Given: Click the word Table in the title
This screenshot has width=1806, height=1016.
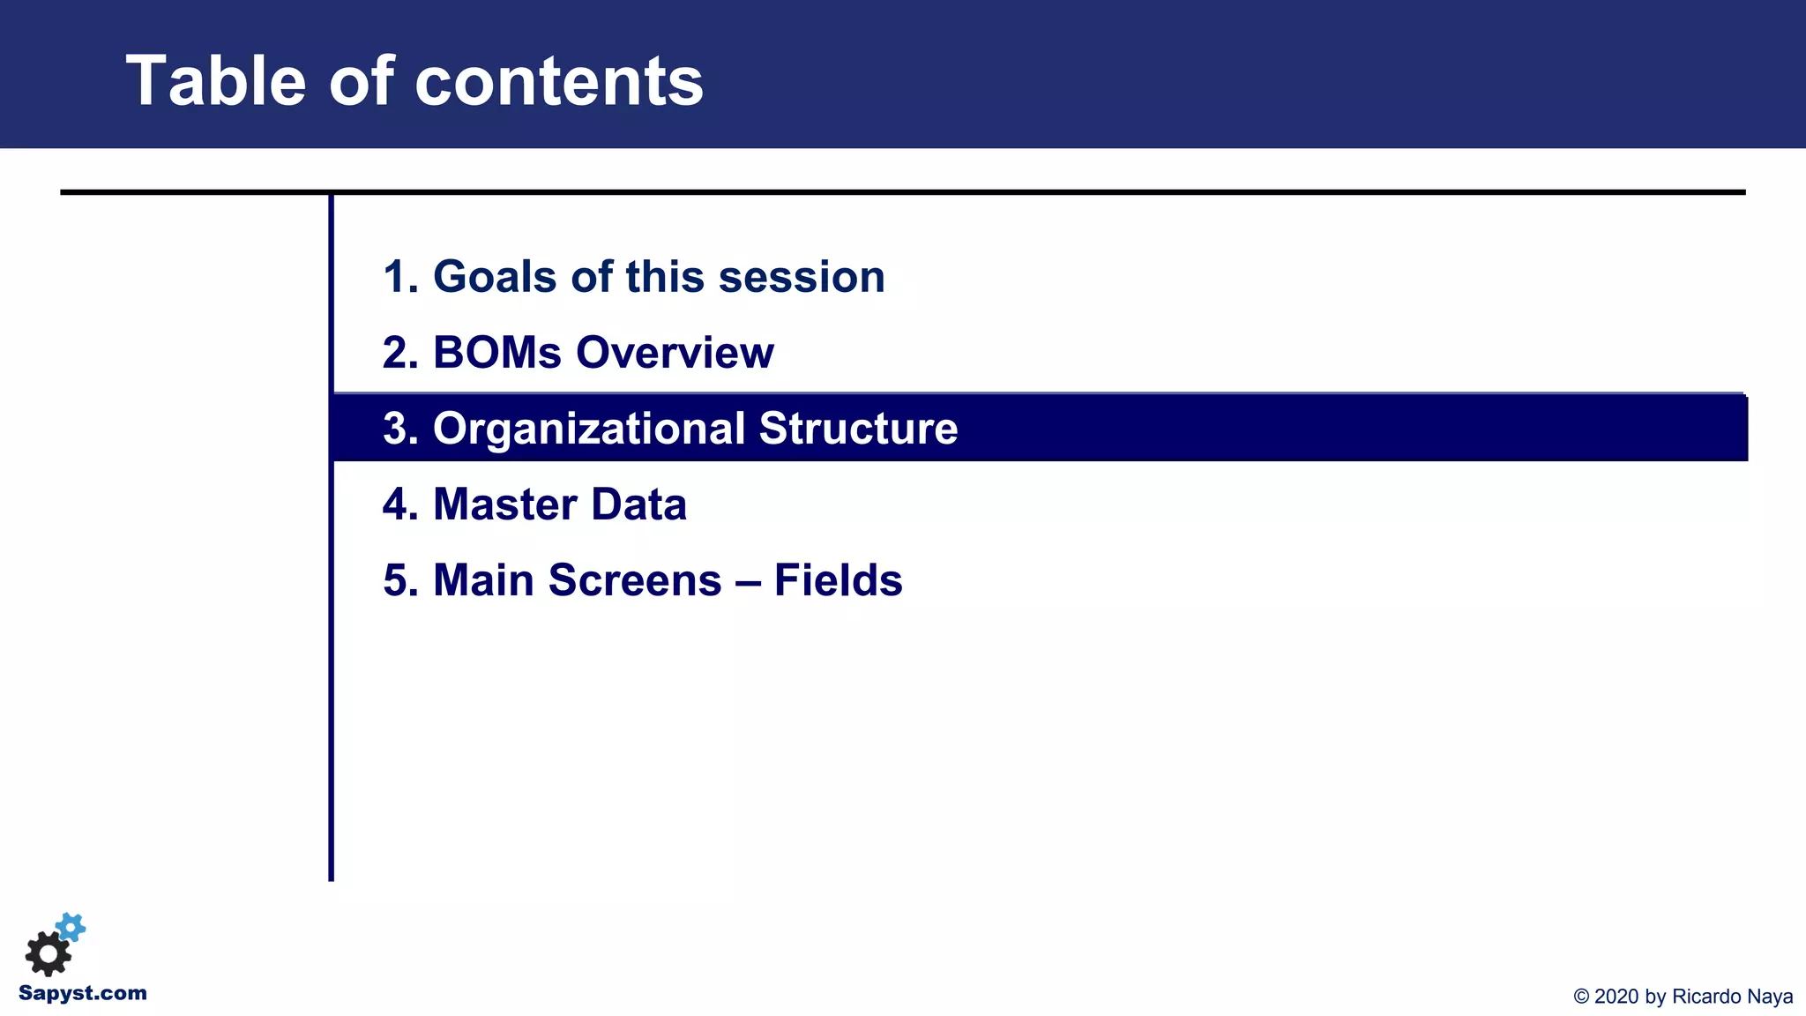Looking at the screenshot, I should pos(217,81).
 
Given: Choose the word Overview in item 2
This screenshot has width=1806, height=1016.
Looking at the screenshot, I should pos(675,353).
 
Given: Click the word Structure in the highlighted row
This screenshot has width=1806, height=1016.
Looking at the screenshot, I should pos(858,429).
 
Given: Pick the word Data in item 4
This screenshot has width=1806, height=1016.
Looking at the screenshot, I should pos(638,504).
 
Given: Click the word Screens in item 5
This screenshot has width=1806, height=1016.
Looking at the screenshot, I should pos(635,580).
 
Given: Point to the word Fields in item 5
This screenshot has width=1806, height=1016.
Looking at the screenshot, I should pos(838,580).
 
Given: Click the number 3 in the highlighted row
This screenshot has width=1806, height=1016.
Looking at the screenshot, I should pos(394,429).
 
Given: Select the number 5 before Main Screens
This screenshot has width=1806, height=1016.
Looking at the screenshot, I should pos(394,580).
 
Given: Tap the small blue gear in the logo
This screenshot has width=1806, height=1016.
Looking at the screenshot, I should pos(71,927).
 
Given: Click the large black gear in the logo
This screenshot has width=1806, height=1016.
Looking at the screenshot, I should pos(48,953).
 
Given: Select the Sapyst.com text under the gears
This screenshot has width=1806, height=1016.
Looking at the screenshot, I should pos(83,993).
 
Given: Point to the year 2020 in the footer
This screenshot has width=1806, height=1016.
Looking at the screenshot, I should pos(1616,997).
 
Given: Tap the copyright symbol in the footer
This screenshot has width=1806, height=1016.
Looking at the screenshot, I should pos(1581,997).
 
